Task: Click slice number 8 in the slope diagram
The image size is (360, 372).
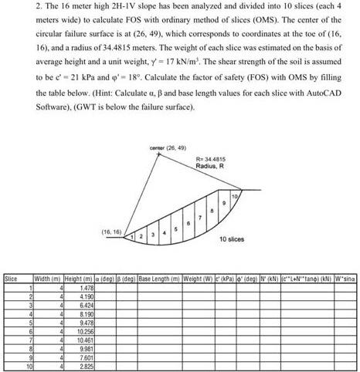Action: point(212,211)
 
